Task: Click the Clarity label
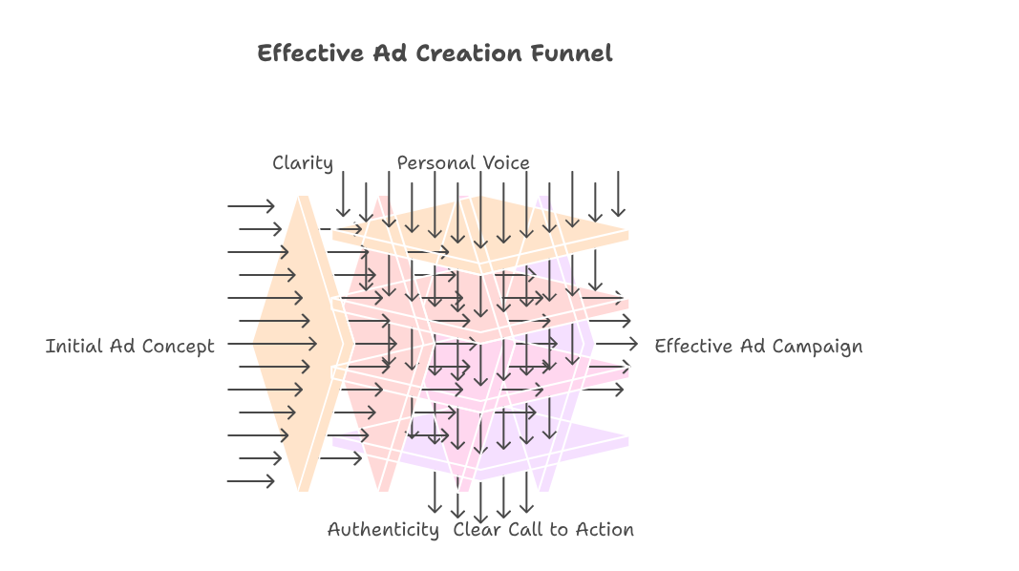point(303,163)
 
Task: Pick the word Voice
point(506,163)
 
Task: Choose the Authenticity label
point(383,529)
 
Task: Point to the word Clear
point(478,529)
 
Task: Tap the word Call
point(525,529)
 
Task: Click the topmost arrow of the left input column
point(251,206)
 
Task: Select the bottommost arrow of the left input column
point(251,481)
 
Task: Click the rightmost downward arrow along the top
point(619,195)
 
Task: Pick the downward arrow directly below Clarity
point(343,195)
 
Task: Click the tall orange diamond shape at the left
point(301,344)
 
